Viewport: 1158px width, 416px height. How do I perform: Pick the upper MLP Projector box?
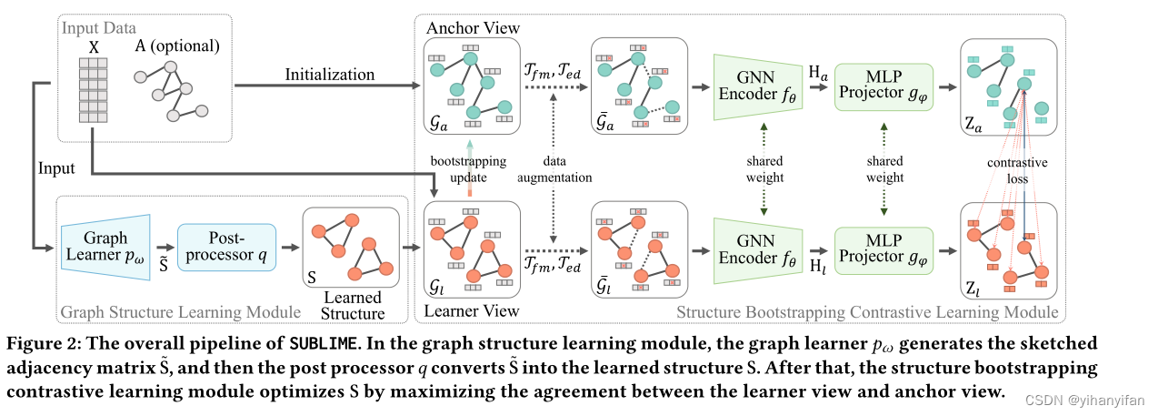coord(883,86)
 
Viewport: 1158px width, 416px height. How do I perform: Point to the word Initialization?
coord(329,74)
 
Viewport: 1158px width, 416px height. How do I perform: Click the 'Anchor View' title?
coord(473,28)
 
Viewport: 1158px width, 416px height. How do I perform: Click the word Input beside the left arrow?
coord(56,169)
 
